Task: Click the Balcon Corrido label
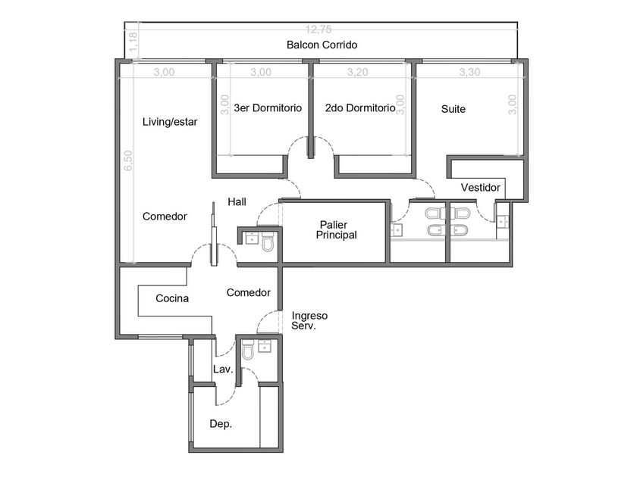coord(322,45)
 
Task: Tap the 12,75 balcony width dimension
coord(318,30)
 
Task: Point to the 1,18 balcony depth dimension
coord(133,42)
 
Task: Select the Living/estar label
coord(170,122)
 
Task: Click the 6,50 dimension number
coord(128,161)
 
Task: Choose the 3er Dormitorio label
coord(268,108)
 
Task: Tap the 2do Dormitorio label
coord(360,108)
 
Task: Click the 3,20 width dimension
coord(357,72)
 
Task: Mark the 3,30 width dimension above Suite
coord(469,72)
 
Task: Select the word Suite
coord(453,109)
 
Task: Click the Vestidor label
coord(480,188)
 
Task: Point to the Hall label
coord(237,201)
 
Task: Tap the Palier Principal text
coord(337,230)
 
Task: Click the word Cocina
coord(172,298)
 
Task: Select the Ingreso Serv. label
coord(309,321)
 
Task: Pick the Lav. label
coord(223,369)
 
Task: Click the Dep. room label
coord(221,424)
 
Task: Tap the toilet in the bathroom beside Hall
coord(268,242)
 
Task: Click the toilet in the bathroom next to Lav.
coord(248,351)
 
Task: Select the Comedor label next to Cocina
coord(249,292)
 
